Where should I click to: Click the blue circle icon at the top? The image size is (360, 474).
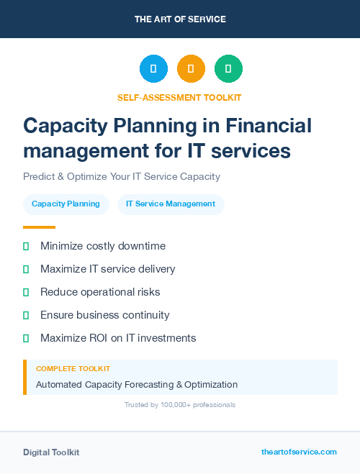click(153, 69)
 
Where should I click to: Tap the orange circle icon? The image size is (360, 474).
click(191, 69)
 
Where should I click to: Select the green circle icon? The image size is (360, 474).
click(228, 69)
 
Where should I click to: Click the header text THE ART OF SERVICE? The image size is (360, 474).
click(180, 19)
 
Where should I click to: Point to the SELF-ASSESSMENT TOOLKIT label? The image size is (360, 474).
click(180, 97)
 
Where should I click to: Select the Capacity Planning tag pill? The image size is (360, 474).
click(66, 204)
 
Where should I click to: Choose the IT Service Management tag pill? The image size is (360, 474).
click(171, 204)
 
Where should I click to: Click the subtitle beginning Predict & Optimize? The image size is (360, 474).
click(121, 176)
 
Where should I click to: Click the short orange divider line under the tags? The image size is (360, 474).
click(39, 227)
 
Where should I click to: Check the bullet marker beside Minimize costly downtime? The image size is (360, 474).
click(26, 247)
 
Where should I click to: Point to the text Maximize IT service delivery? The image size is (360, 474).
click(107, 269)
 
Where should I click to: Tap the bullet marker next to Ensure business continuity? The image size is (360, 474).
click(26, 315)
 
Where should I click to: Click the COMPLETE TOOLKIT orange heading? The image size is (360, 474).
click(66, 369)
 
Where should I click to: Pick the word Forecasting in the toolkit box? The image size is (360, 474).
click(150, 385)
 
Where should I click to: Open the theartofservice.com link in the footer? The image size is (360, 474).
click(299, 452)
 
